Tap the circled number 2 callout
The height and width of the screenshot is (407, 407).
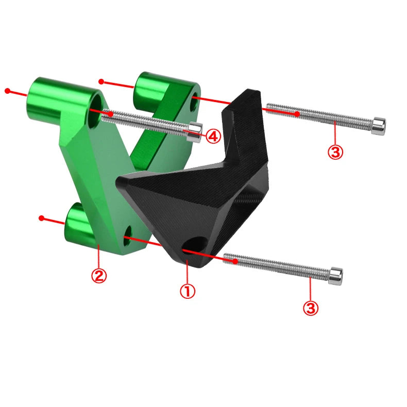click(98, 276)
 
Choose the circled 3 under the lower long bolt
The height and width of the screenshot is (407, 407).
click(311, 308)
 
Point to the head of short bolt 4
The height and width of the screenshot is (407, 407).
click(194, 131)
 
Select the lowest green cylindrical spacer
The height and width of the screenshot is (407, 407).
click(80, 225)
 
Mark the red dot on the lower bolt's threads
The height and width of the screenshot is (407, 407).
click(235, 261)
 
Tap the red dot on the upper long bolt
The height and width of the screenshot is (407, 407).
click(297, 113)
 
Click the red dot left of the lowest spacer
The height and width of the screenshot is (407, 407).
click(42, 218)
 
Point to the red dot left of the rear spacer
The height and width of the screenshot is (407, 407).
click(101, 81)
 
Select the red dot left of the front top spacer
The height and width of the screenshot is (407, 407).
click(7, 91)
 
